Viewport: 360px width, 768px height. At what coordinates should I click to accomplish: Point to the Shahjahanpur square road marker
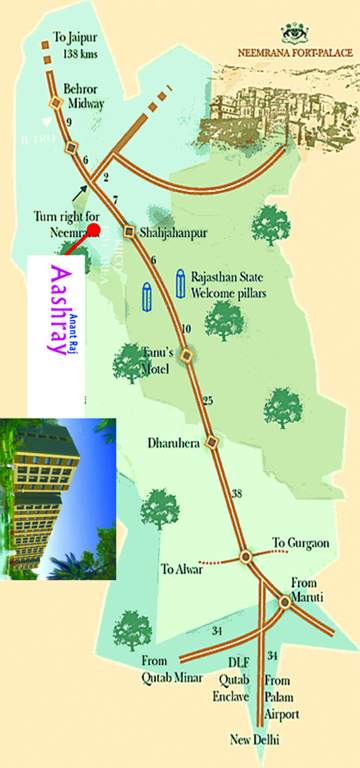click(129, 232)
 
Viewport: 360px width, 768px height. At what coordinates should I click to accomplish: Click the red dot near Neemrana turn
click(93, 230)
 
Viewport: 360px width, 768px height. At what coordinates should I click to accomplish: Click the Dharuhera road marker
click(211, 442)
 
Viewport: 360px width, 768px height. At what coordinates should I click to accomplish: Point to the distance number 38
click(236, 494)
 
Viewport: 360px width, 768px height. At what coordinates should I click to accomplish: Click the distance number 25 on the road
click(208, 401)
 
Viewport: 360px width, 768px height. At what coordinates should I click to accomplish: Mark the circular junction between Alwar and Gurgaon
click(245, 556)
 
